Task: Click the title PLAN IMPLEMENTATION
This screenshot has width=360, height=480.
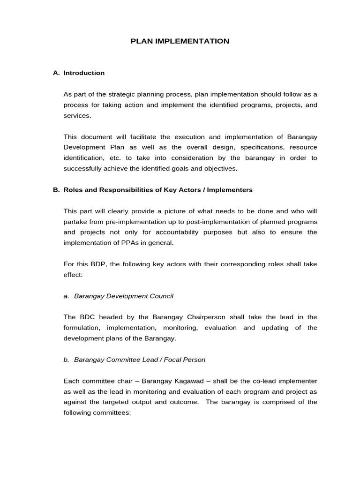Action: (180, 41)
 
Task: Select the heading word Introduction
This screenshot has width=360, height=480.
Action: (84, 73)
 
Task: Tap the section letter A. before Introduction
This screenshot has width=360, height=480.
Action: (57, 73)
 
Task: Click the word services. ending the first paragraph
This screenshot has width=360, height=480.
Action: (77, 115)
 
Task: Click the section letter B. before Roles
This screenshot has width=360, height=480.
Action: (57, 190)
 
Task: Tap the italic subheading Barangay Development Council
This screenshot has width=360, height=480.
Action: (124, 296)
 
